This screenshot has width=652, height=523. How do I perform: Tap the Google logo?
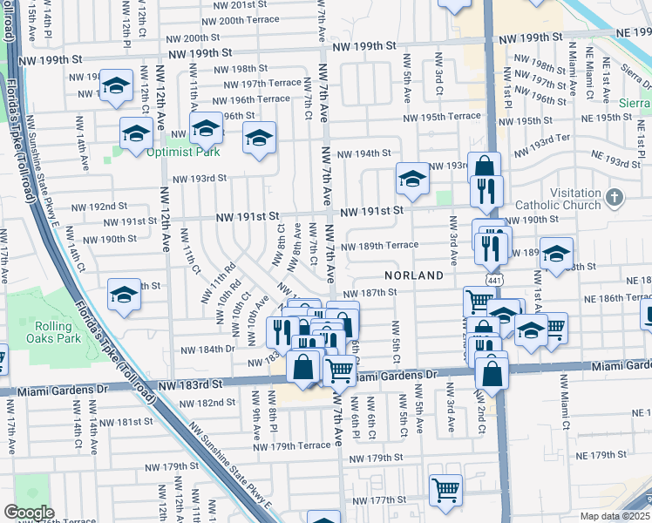pyautogui.click(x=29, y=513)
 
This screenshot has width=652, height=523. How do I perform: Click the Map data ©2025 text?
pyautogui.click(x=615, y=516)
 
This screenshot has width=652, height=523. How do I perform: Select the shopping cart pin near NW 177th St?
pyautogui.click(x=445, y=489)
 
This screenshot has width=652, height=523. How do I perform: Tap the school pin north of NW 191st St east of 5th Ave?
pyautogui.click(x=412, y=178)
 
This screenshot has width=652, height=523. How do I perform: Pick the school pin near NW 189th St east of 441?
pyautogui.click(x=556, y=252)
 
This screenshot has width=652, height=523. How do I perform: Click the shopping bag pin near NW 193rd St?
pyautogui.click(x=483, y=167)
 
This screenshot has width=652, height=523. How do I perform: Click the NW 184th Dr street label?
pyautogui.click(x=207, y=350)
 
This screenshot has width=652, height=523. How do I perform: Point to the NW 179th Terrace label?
pyautogui.click(x=292, y=446)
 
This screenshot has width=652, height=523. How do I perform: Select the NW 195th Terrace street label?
pyautogui.click(x=441, y=117)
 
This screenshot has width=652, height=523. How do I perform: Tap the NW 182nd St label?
pyautogui.click(x=207, y=403)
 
